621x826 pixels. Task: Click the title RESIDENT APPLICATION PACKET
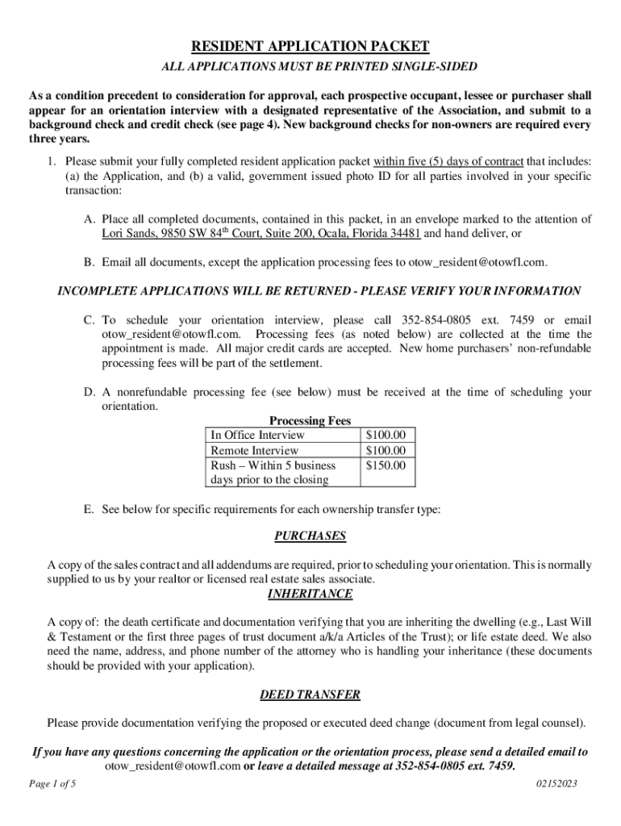(x=310, y=46)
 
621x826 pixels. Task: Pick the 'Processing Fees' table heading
(x=310, y=420)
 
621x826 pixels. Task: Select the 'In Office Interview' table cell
(x=257, y=436)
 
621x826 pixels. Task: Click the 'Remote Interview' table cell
(x=254, y=450)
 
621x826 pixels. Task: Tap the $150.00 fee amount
(x=386, y=465)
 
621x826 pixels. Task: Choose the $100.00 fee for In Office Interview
(x=386, y=436)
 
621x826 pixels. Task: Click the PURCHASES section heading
(x=310, y=536)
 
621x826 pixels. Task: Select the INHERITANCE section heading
(x=310, y=594)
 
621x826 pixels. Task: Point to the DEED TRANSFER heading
(x=310, y=695)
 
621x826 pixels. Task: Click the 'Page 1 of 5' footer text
(x=52, y=783)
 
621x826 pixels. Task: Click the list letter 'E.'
(x=88, y=509)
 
